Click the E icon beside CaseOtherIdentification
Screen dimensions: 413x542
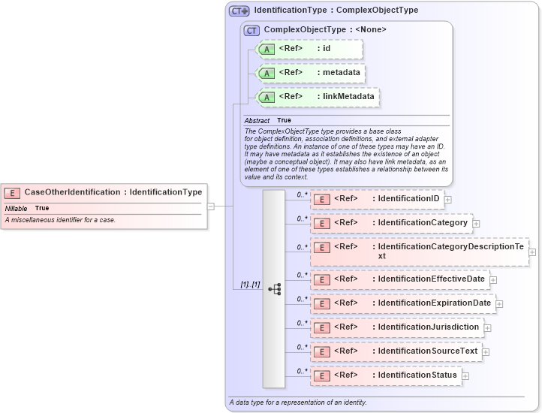click(13, 192)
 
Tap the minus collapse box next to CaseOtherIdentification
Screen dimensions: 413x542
click(211, 206)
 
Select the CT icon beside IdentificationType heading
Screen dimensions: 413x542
click(239, 11)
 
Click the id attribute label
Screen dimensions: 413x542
click(327, 49)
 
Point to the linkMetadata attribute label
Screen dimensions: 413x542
click(348, 97)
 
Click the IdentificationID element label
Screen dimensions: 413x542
click(408, 199)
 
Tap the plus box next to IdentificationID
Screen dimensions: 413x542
click(448, 200)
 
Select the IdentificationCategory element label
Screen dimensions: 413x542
click(423, 223)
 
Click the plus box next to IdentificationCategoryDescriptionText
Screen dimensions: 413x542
click(532, 252)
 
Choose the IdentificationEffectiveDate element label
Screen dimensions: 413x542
click(431, 279)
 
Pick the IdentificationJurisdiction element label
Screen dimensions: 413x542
click(428, 327)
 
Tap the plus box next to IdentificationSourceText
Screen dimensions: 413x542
click(486, 351)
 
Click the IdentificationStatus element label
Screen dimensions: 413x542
click(417, 375)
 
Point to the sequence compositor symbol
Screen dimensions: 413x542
click(274, 288)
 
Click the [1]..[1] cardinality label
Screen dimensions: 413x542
click(249, 285)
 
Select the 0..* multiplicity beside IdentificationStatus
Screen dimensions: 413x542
click(302, 371)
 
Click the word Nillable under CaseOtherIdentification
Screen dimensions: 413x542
click(17, 208)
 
